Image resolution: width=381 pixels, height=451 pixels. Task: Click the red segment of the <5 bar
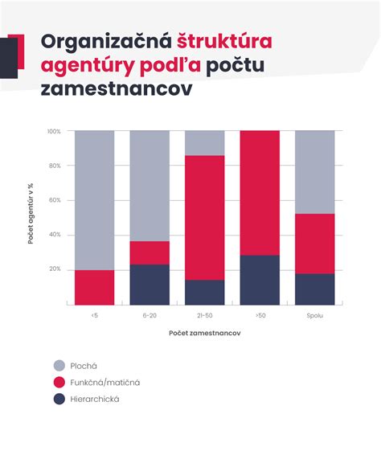click(94, 287)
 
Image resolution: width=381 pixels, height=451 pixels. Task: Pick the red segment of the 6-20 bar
click(150, 252)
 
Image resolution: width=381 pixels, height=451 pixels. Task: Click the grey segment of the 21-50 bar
click(205, 142)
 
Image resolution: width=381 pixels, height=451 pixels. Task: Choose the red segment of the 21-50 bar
click(205, 217)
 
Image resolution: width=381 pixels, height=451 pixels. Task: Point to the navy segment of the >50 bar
click(260, 280)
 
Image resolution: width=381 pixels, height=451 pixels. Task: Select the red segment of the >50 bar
click(260, 192)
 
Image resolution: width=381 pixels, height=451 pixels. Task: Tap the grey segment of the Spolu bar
click(314, 171)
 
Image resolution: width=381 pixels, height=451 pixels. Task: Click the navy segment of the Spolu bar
click(314, 289)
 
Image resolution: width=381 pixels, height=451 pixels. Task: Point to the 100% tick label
click(54, 131)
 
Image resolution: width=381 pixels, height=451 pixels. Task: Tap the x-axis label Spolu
click(314, 315)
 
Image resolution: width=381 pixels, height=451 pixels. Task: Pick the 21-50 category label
click(205, 315)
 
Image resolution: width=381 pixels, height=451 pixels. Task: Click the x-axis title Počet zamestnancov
click(204, 333)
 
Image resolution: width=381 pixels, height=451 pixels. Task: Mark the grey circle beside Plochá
click(59, 364)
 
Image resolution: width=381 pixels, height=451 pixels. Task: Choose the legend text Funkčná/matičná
click(104, 382)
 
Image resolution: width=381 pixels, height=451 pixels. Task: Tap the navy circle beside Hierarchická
click(59, 399)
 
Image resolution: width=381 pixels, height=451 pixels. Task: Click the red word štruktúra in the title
click(224, 41)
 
